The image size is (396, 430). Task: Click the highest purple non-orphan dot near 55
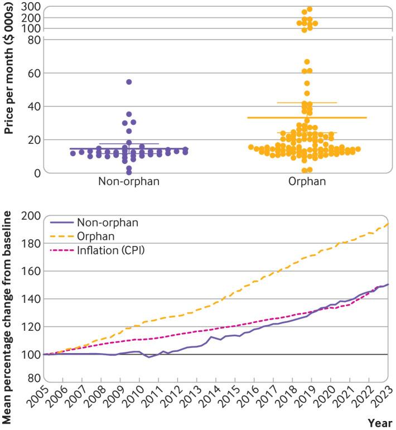point(129,82)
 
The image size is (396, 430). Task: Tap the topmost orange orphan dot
point(310,9)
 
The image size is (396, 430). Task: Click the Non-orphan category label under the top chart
point(129,181)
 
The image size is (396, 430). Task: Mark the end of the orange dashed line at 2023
point(388,224)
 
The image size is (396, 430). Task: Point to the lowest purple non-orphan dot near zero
point(129,172)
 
